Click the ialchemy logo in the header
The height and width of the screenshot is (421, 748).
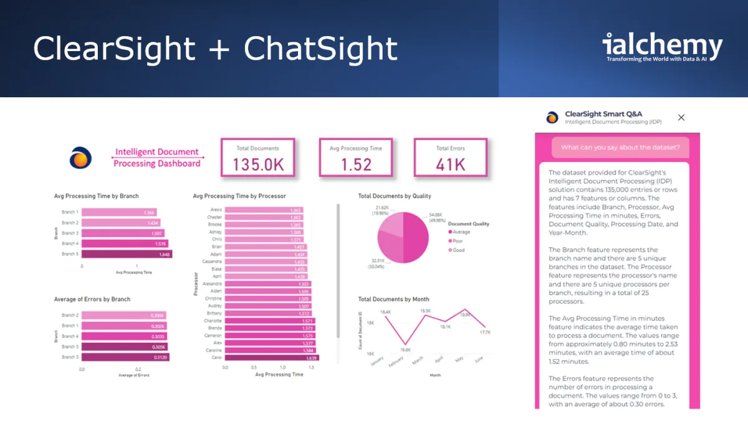point(662,47)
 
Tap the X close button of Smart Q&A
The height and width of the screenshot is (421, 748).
point(681,117)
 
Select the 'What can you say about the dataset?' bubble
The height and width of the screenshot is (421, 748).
point(620,148)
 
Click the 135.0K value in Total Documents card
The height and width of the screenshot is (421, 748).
point(258,165)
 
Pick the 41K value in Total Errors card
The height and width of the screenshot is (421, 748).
point(451,165)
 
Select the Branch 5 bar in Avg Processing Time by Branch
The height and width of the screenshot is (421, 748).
point(127,254)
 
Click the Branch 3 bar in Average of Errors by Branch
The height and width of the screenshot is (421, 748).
point(125,357)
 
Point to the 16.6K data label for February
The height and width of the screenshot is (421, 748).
point(405,351)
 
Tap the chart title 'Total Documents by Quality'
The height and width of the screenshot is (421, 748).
point(395,196)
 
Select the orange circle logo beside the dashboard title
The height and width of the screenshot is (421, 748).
point(80,158)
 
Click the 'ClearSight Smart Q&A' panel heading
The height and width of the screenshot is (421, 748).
point(603,114)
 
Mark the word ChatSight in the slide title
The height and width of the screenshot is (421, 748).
point(320,49)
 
